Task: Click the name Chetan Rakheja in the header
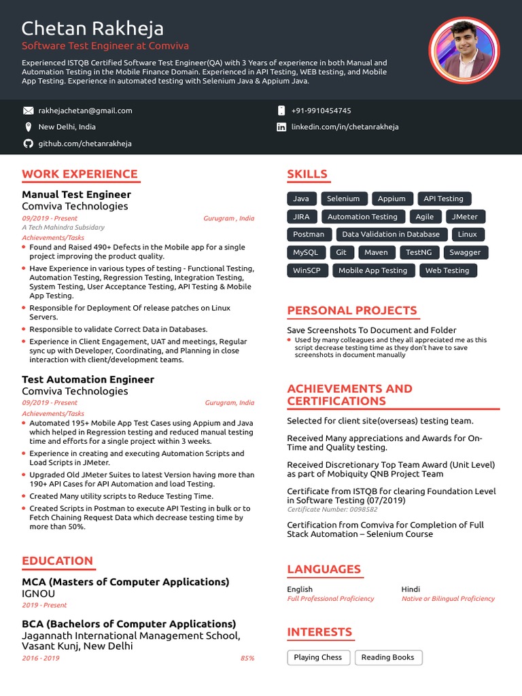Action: click(x=92, y=29)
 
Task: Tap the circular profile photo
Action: click(x=464, y=50)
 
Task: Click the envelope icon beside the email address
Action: click(x=28, y=110)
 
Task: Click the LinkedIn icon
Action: click(x=281, y=127)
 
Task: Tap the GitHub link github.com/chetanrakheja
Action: click(x=85, y=143)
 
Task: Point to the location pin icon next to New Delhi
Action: click(x=28, y=127)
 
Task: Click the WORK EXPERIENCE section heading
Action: click(x=80, y=174)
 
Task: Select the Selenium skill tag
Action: click(x=343, y=198)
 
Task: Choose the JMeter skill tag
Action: click(x=466, y=217)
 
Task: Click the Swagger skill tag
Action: click(x=465, y=252)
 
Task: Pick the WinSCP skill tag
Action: click(x=307, y=271)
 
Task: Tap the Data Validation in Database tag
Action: click(x=391, y=234)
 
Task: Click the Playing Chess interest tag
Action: click(x=318, y=657)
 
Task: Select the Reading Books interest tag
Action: click(x=387, y=657)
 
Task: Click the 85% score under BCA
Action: click(x=247, y=658)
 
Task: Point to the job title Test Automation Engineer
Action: click(x=88, y=379)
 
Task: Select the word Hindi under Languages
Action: click(x=411, y=589)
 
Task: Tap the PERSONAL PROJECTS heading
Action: click(x=352, y=311)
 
